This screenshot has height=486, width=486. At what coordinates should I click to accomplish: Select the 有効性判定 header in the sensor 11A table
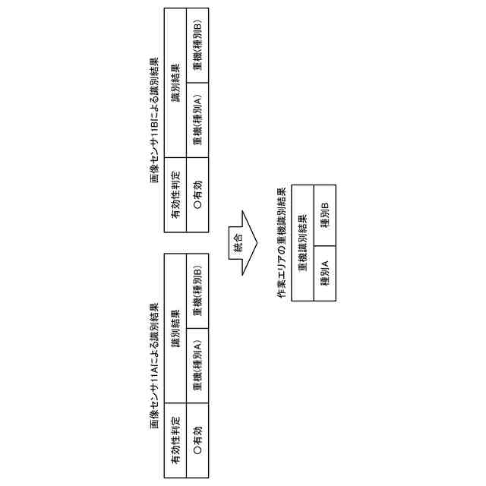click(175, 441)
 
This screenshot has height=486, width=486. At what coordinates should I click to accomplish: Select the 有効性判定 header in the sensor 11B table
click(175, 197)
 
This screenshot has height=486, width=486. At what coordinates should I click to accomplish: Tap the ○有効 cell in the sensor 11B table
click(197, 197)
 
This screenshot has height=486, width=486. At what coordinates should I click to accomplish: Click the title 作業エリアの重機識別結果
click(282, 243)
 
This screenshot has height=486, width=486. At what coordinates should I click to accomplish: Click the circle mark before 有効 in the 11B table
click(197, 207)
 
